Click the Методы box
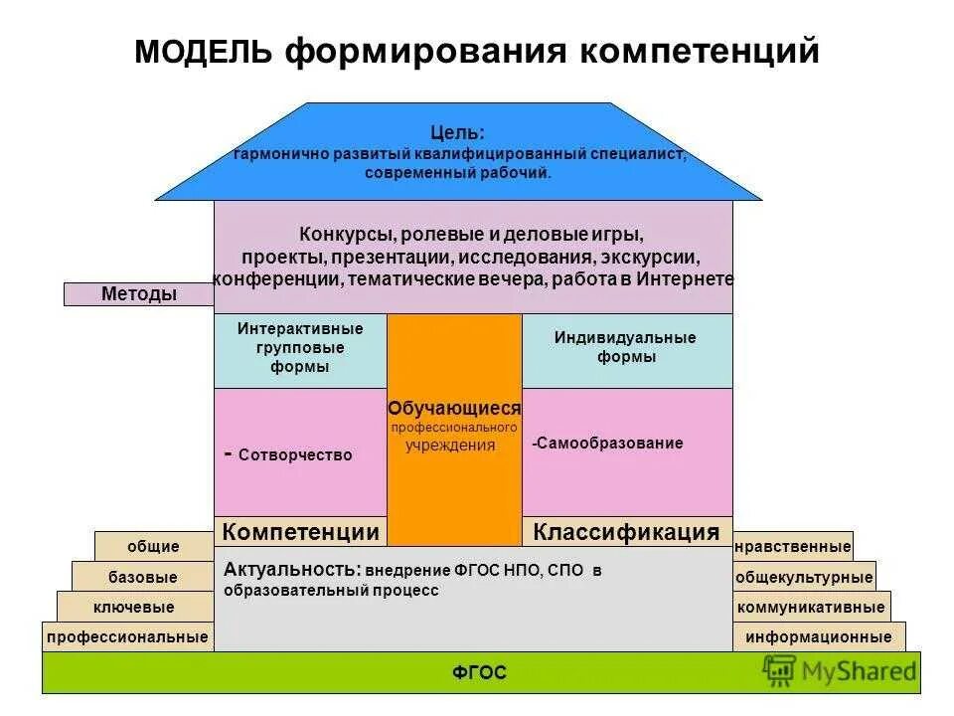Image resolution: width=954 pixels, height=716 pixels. coord(139,294)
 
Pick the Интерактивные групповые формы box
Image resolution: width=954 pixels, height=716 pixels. coord(300,348)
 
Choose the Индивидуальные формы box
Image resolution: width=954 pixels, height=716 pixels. coord(626,348)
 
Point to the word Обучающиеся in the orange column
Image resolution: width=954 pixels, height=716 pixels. coord(454,409)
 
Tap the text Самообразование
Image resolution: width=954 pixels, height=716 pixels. coord(609,444)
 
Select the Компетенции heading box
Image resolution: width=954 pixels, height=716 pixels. coord(300,532)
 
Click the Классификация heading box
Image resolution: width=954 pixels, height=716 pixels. coord(626,532)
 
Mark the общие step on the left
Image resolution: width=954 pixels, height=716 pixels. coord(153,546)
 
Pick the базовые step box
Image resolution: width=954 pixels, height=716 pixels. coord(142,577)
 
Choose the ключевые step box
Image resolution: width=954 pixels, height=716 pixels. coord(135,607)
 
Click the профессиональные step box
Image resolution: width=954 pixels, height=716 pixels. coord(128,636)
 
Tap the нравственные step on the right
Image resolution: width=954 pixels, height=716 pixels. coord(792,546)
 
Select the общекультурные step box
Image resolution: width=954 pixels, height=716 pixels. coord(804,577)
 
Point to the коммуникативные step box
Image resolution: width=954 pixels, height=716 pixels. coord(811,607)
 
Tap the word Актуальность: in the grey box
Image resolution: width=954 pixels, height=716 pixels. coord(292,571)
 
